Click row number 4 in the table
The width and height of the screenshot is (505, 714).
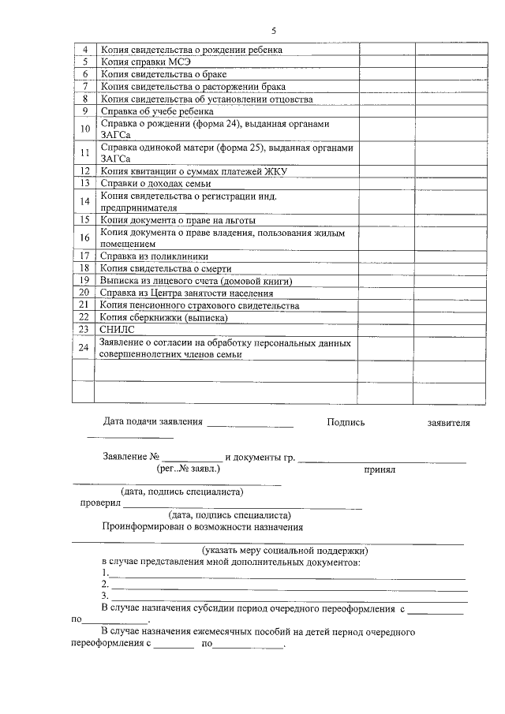[x=84, y=50]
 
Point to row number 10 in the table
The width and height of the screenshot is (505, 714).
[x=84, y=129]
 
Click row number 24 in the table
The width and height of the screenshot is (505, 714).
[x=84, y=348]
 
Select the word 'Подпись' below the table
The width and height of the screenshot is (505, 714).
[x=346, y=423]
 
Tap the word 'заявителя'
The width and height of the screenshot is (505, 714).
[x=448, y=423]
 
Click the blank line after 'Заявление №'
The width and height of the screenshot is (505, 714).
[x=193, y=459]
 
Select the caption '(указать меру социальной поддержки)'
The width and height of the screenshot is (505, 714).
[x=285, y=549]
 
